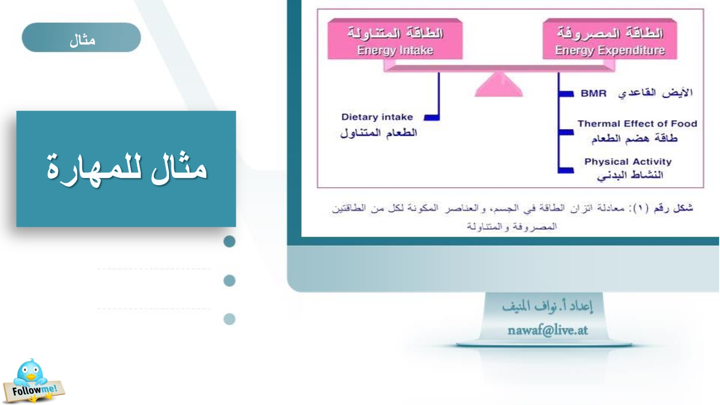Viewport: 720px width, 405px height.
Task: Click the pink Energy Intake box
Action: pyautogui.click(x=395, y=39)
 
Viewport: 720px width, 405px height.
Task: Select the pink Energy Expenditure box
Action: pyautogui.click(x=610, y=39)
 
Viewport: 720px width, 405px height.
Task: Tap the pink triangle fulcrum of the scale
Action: pyautogui.click(x=499, y=84)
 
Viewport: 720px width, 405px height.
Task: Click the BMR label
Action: pyautogui.click(x=594, y=94)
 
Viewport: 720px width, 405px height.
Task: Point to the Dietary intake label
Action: pyautogui.click(x=377, y=117)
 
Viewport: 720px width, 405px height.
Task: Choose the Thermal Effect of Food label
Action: pyautogui.click(x=637, y=124)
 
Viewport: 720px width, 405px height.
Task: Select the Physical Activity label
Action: pyautogui.click(x=628, y=162)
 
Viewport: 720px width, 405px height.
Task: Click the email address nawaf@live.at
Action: pyautogui.click(x=547, y=330)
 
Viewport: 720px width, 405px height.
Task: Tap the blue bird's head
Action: pyautogui.click(x=30, y=371)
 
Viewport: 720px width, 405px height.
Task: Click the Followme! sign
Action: pyautogui.click(x=34, y=391)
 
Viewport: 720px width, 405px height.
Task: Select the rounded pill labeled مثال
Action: pyautogui.click(x=81, y=37)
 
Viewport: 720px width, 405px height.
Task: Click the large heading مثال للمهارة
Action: pyautogui.click(x=126, y=169)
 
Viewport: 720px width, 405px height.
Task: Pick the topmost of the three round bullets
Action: pyautogui.click(x=229, y=241)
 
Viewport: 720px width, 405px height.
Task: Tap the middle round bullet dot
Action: pyautogui.click(x=229, y=281)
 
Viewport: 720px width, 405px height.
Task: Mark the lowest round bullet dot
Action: pyautogui.click(x=229, y=319)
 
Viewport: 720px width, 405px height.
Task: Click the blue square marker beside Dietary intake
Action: pyautogui.click(x=432, y=117)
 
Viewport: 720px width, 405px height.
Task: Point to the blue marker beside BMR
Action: pyautogui.click(x=566, y=94)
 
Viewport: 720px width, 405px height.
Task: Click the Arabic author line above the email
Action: pyautogui.click(x=547, y=306)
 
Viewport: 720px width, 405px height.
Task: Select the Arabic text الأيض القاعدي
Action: pyautogui.click(x=655, y=93)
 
